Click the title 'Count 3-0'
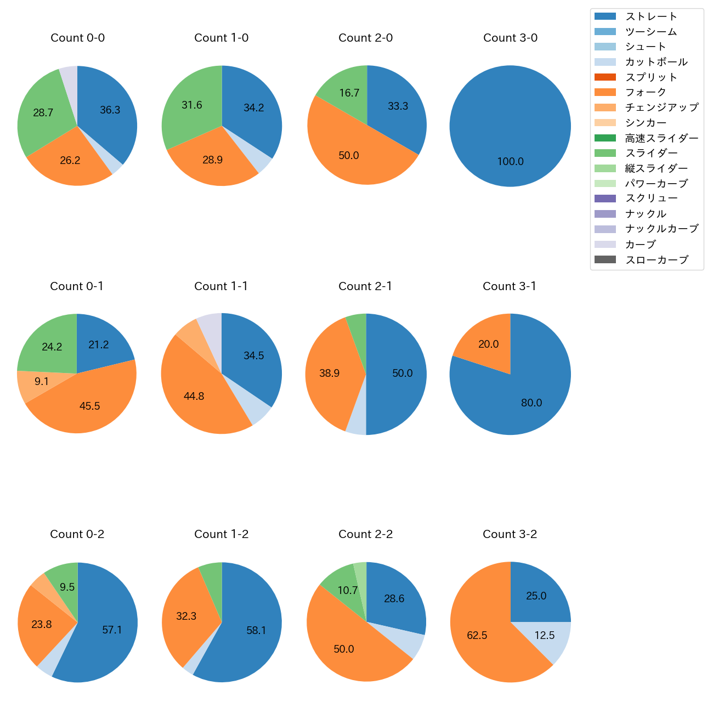pyautogui.click(x=510, y=38)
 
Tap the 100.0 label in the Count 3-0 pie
pyautogui.click(x=510, y=162)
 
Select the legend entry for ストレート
pyautogui.click(x=651, y=16)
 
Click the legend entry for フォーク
pyautogui.click(x=646, y=92)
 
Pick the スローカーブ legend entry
pyautogui.click(x=657, y=260)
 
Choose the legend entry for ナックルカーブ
pyautogui.click(x=661, y=229)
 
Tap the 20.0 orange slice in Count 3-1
pyautogui.click(x=485, y=343)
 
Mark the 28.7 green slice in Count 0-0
pyautogui.click(x=41, y=112)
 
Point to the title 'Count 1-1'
pyautogui.click(x=221, y=286)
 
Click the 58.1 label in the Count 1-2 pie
pyautogui.click(x=256, y=631)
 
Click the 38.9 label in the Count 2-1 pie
pyautogui.click(x=329, y=374)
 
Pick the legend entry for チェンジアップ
pyautogui.click(x=661, y=107)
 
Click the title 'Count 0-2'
pyautogui.click(x=77, y=534)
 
